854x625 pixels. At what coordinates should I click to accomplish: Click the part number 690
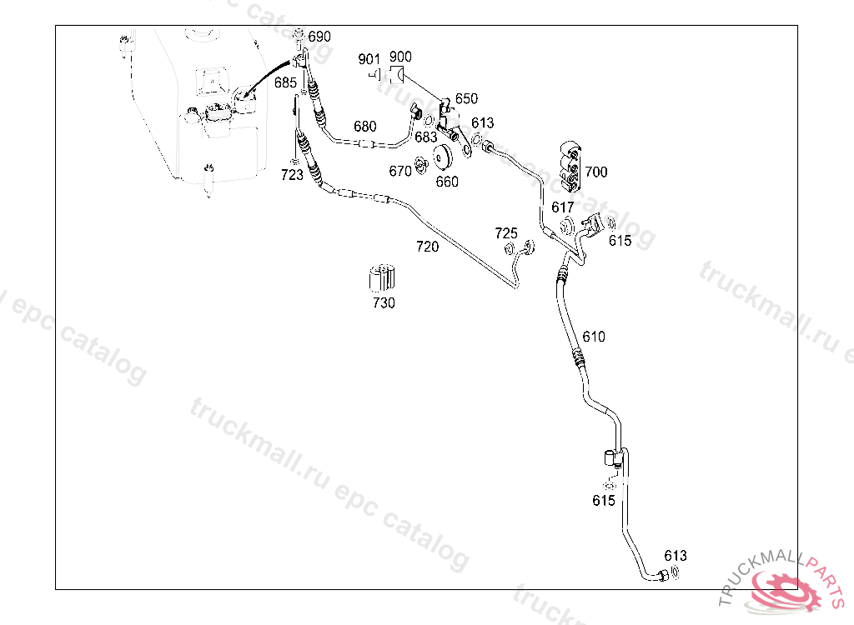[319, 37]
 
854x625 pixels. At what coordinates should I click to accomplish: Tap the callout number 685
[285, 82]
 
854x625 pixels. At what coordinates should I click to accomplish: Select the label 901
[369, 59]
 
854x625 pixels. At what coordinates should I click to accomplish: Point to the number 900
[400, 57]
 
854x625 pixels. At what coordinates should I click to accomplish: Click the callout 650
[466, 98]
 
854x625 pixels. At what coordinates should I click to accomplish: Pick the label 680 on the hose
[364, 127]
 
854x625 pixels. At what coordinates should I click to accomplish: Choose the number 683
[425, 137]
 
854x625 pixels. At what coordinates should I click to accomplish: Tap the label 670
[400, 171]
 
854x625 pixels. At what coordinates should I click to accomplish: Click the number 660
[447, 182]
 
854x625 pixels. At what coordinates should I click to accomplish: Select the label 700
[596, 172]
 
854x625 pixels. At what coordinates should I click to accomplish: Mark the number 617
[563, 207]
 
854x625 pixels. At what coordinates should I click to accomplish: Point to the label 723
[292, 175]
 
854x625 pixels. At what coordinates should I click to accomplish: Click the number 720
[427, 247]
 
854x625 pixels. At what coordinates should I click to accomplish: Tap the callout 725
[506, 232]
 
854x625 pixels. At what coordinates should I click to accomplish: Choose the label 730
[384, 303]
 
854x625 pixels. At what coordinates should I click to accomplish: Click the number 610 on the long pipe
[594, 337]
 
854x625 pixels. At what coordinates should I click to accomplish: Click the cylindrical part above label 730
[382, 277]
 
